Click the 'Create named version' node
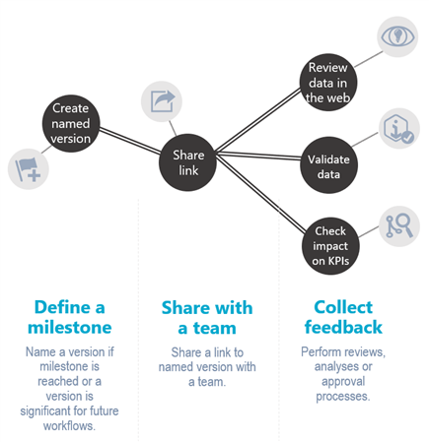pyautogui.click(x=71, y=123)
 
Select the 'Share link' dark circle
pyautogui.click(x=187, y=162)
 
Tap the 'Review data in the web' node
pyautogui.click(x=328, y=83)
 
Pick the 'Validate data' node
pyautogui.click(x=328, y=165)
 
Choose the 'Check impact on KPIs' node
pyautogui.click(x=330, y=246)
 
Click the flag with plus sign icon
pyautogui.click(x=29, y=169)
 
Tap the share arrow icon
pyautogui.click(x=162, y=101)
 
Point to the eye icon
pyautogui.click(x=397, y=36)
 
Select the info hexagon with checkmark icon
pyautogui.click(x=399, y=128)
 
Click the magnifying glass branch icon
pyautogui.click(x=399, y=226)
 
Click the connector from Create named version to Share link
pyautogui.click(x=130, y=141)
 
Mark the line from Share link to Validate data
pyautogui.click(x=258, y=156)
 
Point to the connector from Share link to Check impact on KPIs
pyautogui.click(x=260, y=194)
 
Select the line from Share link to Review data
pyautogui.click(x=258, y=120)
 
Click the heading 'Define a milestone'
pyautogui.click(x=70, y=317)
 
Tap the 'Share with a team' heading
pyautogui.click(x=207, y=318)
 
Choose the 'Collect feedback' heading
pyautogui.click(x=343, y=317)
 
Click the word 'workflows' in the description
pyautogui.click(x=68, y=426)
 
